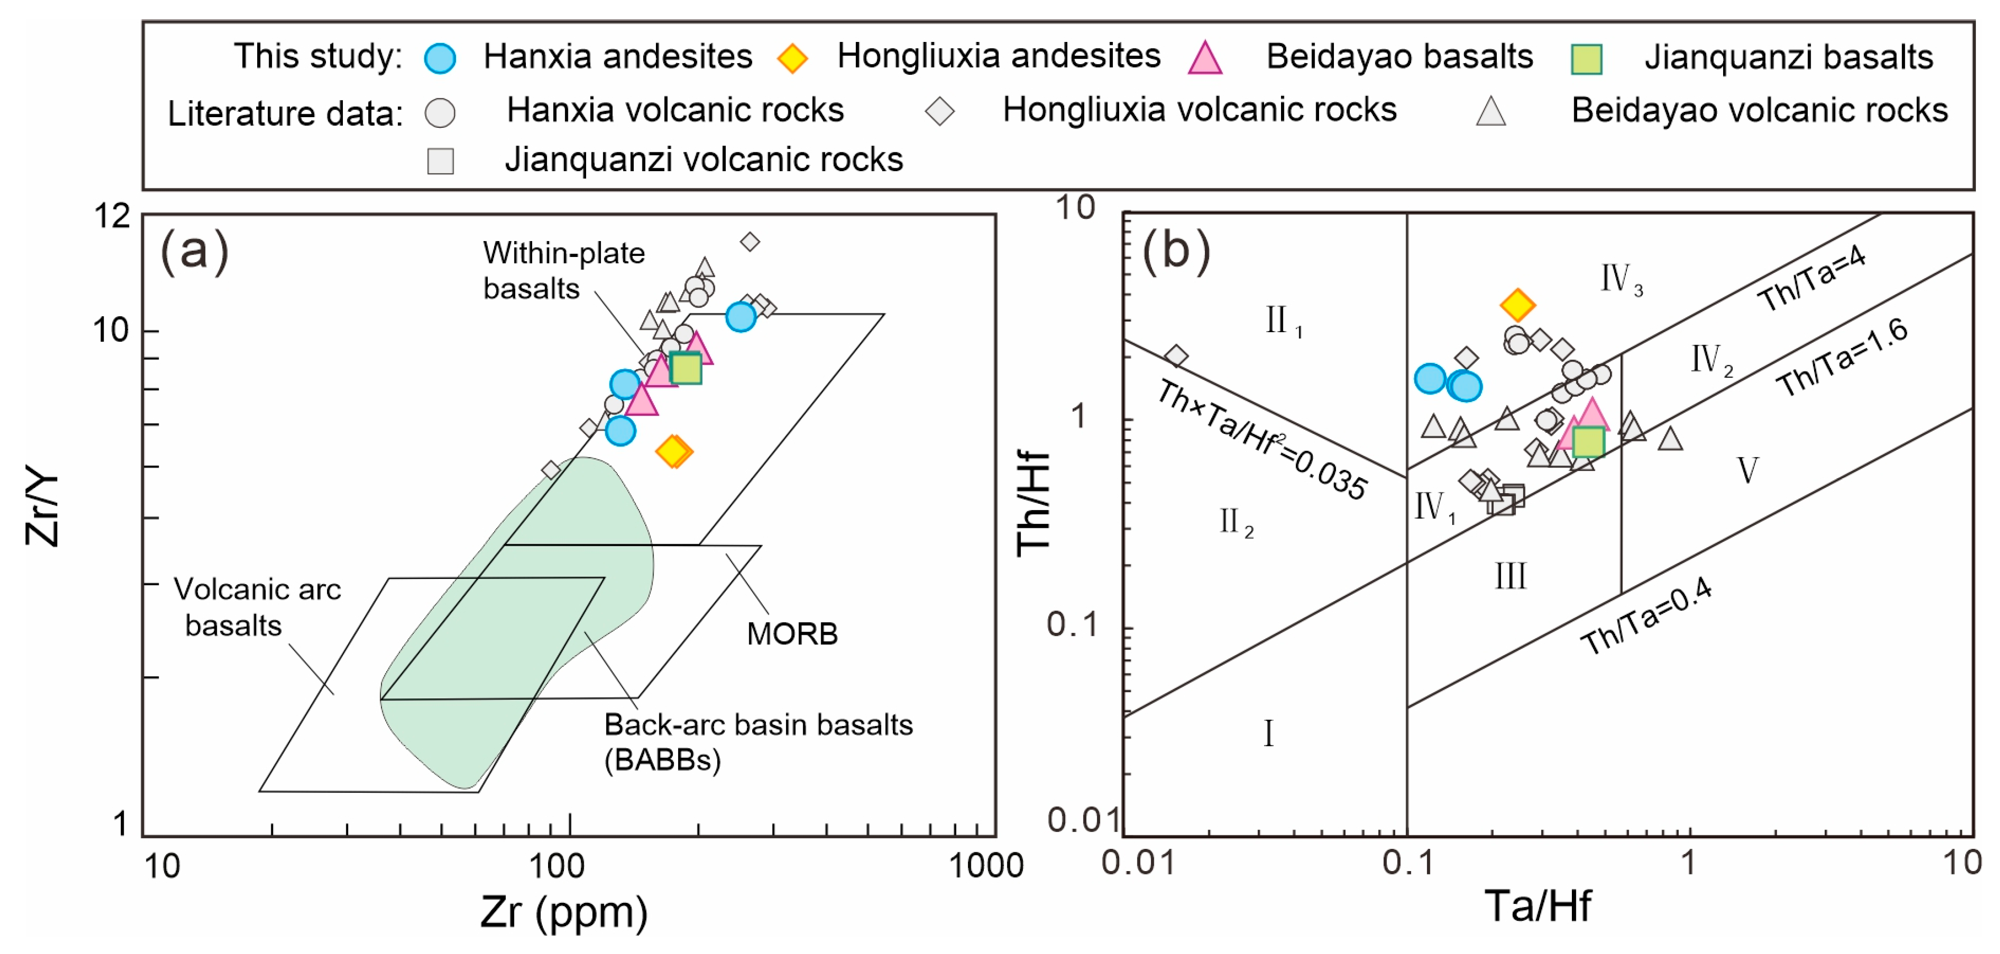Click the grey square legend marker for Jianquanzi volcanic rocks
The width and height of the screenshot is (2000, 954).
pyautogui.click(x=440, y=161)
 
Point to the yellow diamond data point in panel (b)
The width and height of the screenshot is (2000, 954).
pyautogui.click(x=1518, y=305)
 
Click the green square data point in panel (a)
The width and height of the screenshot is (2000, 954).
pyautogui.click(x=686, y=368)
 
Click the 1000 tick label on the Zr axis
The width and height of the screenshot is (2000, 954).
pyautogui.click(x=986, y=865)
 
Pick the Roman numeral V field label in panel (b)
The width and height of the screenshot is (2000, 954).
pyautogui.click(x=1747, y=470)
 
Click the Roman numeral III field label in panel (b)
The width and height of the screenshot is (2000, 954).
pyautogui.click(x=1510, y=577)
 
